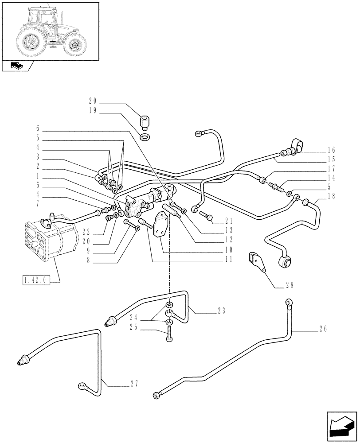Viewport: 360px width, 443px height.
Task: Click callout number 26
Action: [322, 329]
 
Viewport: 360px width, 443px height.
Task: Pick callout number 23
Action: [222, 311]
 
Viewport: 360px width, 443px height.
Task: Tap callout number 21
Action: [228, 221]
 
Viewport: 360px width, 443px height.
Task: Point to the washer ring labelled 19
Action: [144, 136]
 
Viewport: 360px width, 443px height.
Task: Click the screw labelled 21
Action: [207, 217]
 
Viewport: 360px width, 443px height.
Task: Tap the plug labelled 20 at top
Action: [144, 121]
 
